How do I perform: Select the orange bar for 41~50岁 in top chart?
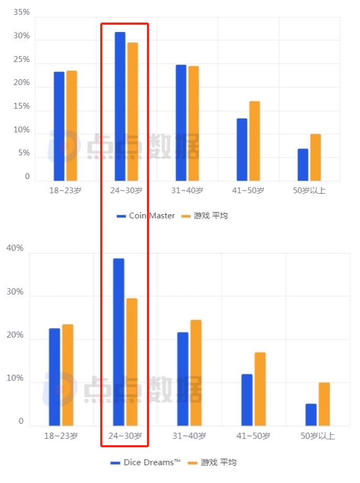coord(255,141)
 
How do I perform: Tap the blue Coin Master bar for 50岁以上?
coord(303,165)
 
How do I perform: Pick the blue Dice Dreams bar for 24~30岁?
coord(119,342)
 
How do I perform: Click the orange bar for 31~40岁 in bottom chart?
coord(196,373)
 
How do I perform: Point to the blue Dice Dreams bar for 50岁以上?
coord(311,415)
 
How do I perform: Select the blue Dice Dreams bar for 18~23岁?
coord(55,377)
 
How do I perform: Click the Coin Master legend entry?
coord(146,216)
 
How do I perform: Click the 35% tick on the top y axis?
coord(21,12)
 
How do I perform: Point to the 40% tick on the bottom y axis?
coord(15,248)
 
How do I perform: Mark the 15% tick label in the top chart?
coord(21,107)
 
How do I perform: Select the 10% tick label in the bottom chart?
coord(15,379)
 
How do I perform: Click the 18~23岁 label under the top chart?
coord(65,191)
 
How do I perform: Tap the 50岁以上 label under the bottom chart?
coord(317,436)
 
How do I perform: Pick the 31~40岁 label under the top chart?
coord(187,191)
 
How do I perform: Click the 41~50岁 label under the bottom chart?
coord(253,436)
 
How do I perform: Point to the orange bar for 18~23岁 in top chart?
coord(71,126)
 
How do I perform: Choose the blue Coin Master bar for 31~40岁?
coord(181,123)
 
